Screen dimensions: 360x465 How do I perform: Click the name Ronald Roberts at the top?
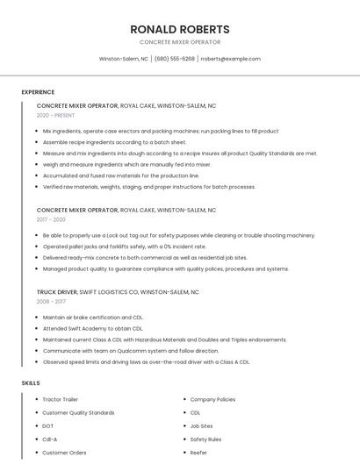[179, 29]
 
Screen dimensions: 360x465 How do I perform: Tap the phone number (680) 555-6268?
[175, 59]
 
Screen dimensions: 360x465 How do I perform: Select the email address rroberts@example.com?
[231, 59]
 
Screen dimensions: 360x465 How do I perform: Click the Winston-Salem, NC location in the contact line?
[123, 59]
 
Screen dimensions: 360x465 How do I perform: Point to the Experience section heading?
[38, 92]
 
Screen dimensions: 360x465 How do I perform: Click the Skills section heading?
[30, 383]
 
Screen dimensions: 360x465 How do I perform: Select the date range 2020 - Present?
[55, 115]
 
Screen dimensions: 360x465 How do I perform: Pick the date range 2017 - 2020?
[51, 219]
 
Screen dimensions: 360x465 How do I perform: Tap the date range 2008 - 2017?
[51, 301]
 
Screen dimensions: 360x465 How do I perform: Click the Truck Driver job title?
[57, 291]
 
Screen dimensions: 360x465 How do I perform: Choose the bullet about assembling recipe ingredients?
[114, 141]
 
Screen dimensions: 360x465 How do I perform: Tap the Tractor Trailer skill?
[61, 399]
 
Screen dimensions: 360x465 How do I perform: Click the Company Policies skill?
[212, 399]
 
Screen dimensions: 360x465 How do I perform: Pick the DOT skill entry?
[48, 426]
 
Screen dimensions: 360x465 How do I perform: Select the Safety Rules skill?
[205, 439]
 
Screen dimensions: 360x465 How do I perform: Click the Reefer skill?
[199, 453]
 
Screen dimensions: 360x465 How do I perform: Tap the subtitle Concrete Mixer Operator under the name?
[179, 42]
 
